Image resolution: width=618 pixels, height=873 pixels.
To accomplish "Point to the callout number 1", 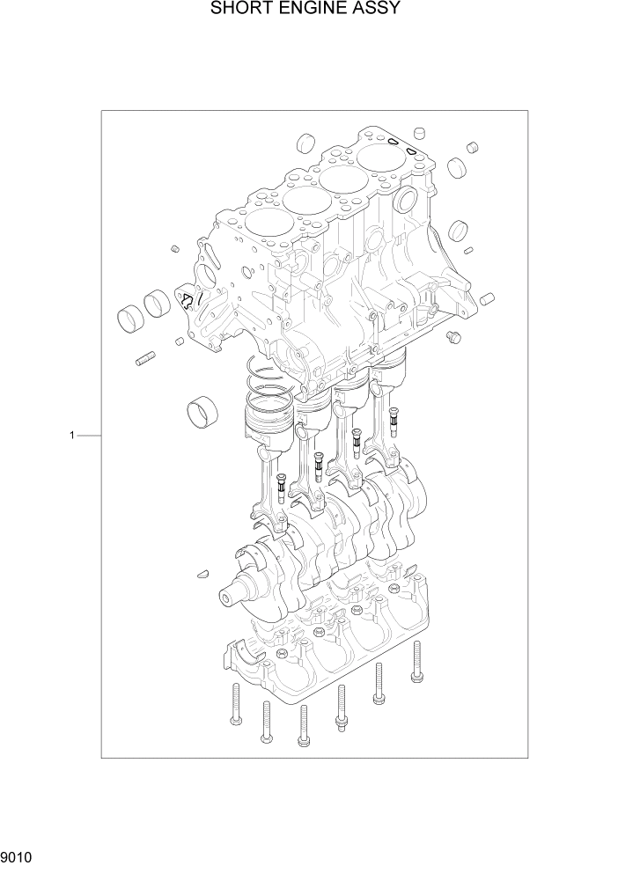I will (76, 435).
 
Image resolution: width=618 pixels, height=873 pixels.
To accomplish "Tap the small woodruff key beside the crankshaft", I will (202, 573).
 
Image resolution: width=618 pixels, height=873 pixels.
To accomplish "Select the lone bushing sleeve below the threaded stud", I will (202, 410).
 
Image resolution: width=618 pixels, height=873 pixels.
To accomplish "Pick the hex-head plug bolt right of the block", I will (454, 337).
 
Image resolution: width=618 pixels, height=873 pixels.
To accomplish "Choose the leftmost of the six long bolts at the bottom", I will (236, 704).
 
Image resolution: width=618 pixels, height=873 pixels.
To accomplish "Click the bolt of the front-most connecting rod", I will (281, 484).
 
